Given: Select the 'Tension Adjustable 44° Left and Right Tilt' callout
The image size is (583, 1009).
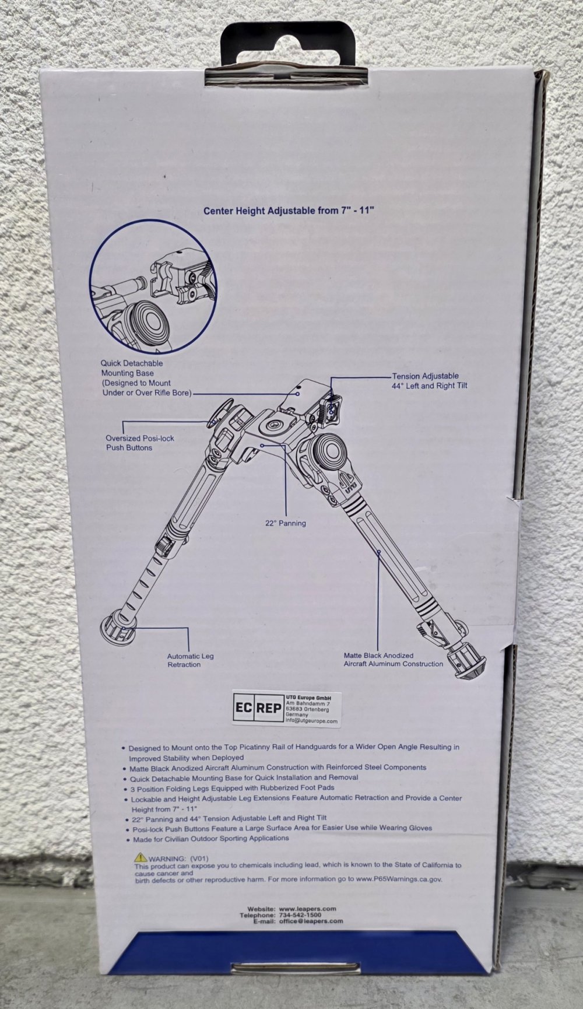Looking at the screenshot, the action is point(429,381).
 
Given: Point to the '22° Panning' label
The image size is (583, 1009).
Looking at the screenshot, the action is point(286,523).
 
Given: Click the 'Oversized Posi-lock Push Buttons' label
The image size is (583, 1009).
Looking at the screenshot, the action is point(140,443).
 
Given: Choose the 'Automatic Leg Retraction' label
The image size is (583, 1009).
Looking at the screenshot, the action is point(190,660).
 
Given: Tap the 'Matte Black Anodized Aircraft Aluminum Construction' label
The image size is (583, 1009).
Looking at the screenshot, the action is point(394,659).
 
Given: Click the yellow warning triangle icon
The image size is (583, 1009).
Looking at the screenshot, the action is point(140,857).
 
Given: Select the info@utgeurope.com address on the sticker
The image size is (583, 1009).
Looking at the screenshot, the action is point(311,721).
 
